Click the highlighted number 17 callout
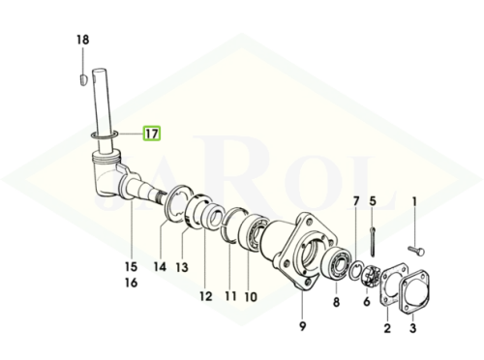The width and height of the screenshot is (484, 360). click(152, 134)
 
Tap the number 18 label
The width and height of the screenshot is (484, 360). click(82, 40)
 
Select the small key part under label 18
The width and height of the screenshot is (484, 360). click(83, 79)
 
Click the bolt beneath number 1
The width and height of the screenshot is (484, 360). click(416, 251)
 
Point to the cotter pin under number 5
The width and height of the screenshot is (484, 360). click(373, 242)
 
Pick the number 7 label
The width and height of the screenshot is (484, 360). click(356, 202)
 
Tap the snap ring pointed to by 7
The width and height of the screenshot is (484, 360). click(357, 272)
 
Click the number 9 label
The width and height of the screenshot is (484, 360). click(302, 326)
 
